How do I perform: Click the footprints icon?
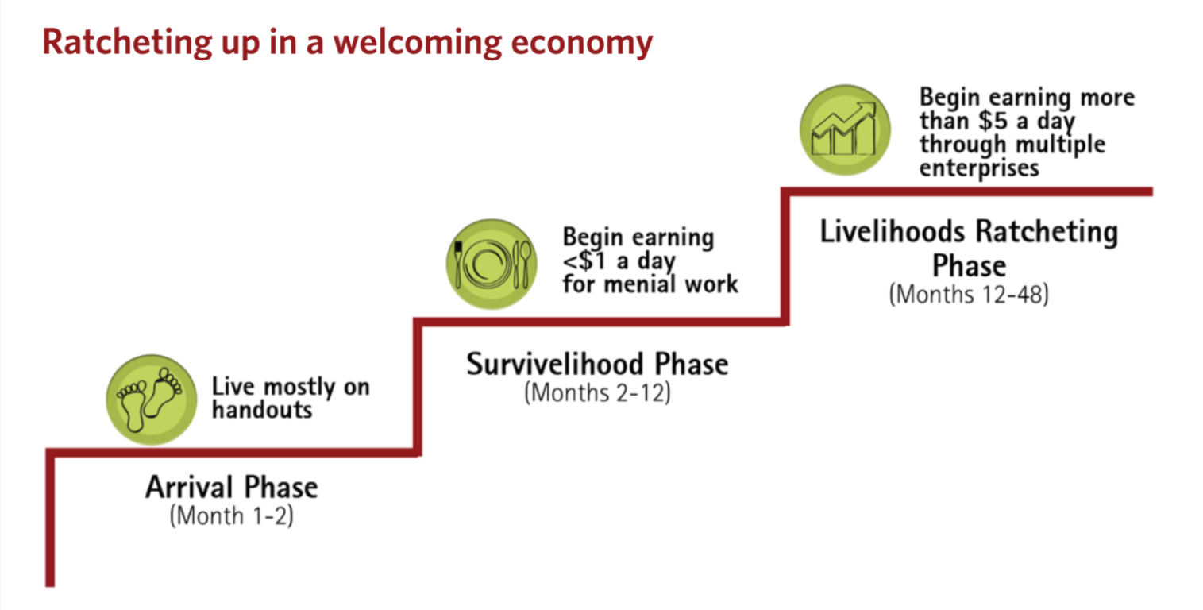coord(150,400)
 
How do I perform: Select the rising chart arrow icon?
coord(844,130)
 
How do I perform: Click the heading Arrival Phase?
coord(231,486)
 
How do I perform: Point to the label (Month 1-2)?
coord(231,515)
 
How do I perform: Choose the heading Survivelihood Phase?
coord(597,364)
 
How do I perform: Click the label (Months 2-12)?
coord(597,393)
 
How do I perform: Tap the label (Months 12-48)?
coord(969,294)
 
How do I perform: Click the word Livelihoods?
coord(893,232)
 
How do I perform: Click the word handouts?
coord(261,410)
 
